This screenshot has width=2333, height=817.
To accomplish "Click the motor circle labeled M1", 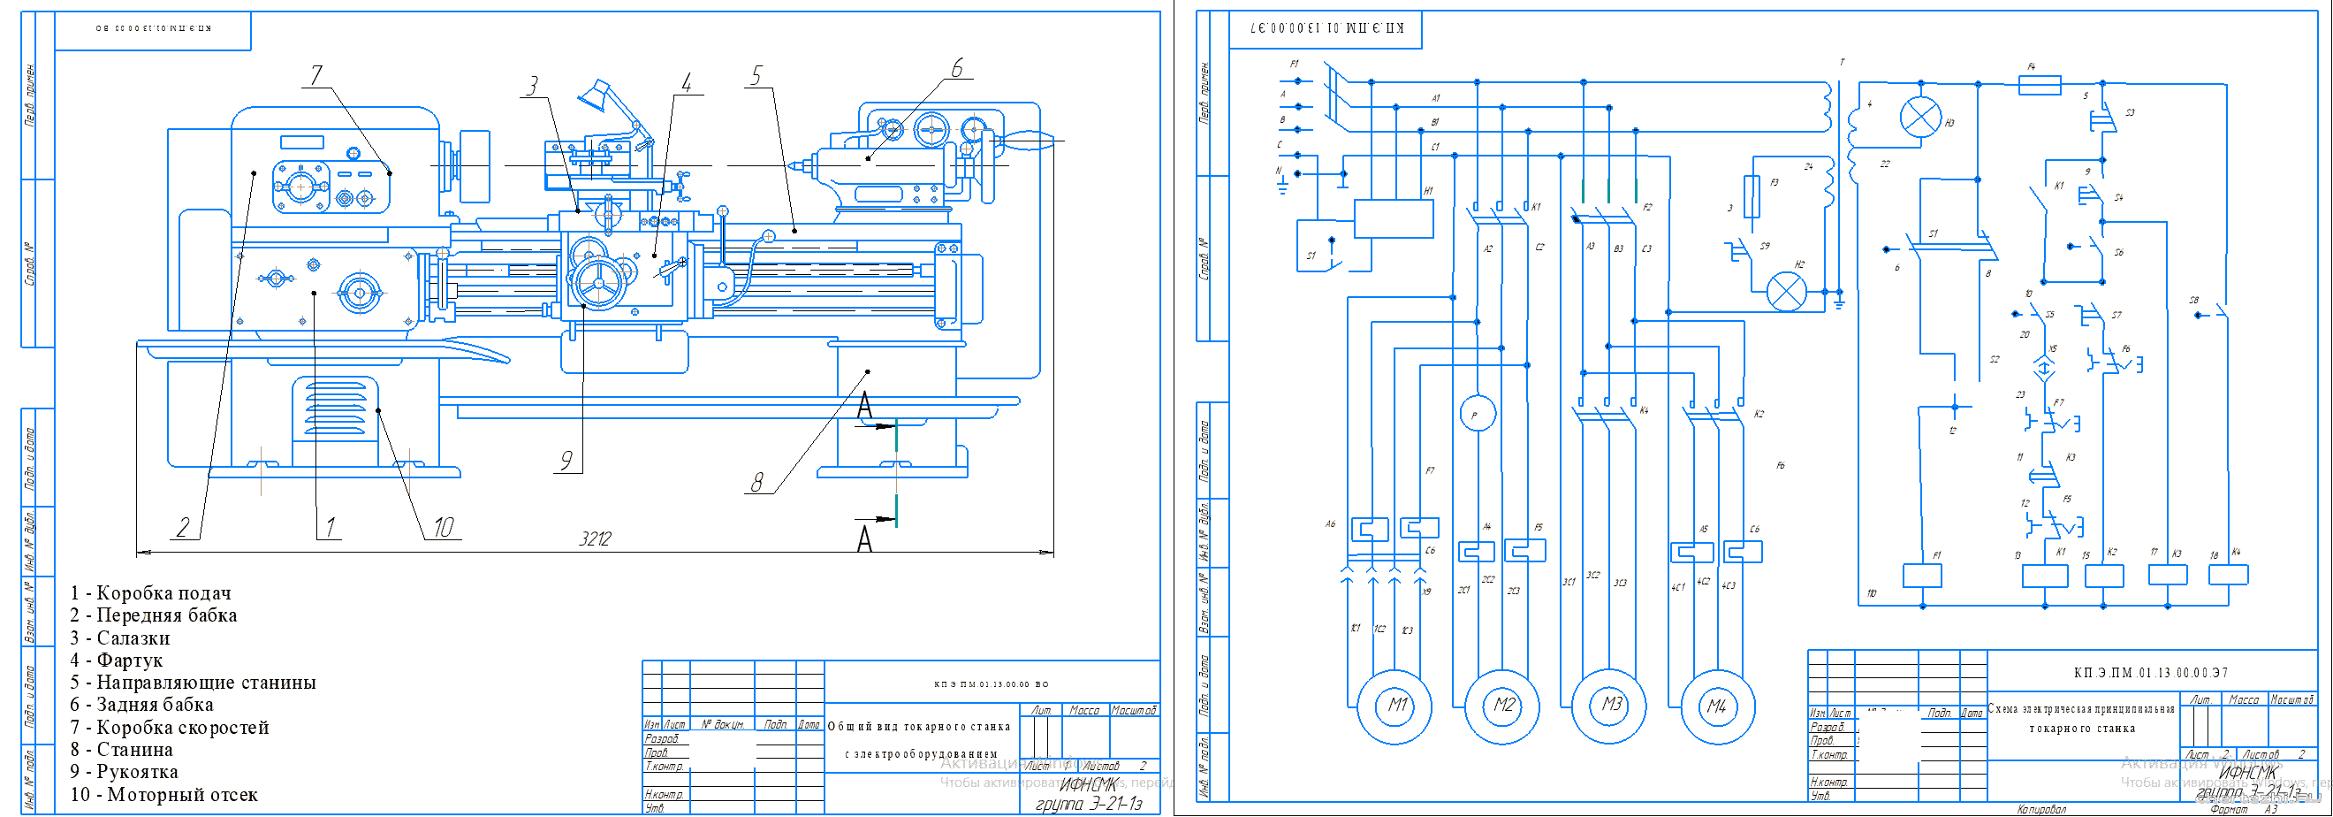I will tap(1395, 706).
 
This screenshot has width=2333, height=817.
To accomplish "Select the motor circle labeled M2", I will tap(1502, 706).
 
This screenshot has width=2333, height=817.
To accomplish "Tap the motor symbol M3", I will tap(1610, 706).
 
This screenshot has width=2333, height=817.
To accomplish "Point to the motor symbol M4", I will tap(1717, 706).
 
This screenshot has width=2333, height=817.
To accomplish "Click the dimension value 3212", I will tap(595, 539).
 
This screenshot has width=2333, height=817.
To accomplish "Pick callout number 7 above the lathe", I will tap(316, 74).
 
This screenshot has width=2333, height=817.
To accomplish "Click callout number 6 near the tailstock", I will tap(956, 68).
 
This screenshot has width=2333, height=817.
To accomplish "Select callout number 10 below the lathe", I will tap(443, 526).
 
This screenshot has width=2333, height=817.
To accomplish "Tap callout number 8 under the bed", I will tap(757, 482).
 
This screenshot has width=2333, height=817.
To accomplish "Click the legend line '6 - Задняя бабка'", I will tap(142, 705).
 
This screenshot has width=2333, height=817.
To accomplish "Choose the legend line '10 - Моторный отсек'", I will tap(163, 794).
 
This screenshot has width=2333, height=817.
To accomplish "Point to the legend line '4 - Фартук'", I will tap(117, 660).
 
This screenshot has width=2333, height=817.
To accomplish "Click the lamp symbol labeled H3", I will tap(1920, 118).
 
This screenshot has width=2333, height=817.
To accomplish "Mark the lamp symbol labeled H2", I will tap(1787, 292).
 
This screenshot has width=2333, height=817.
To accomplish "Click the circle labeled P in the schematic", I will tap(1478, 414).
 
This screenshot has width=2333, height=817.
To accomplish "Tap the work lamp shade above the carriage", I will tap(594, 95).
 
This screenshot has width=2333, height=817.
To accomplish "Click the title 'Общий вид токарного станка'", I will tap(918, 727).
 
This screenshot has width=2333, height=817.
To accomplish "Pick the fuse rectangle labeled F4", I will tap(2040, 85).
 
